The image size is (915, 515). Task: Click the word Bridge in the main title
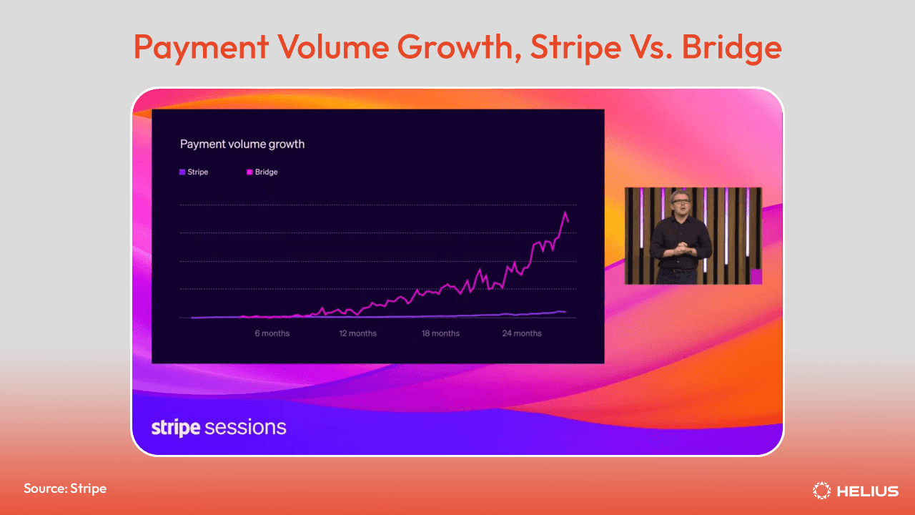pos(731,47)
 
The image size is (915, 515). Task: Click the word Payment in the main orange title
pos(202,48)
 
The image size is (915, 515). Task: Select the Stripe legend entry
pos(194,172)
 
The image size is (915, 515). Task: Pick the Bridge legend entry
pos(262,172)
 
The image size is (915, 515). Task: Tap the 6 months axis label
pos(272,333)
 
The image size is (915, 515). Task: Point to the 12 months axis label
pos(358,333)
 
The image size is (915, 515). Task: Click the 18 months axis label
pos(440,333)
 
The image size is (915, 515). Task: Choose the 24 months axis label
pos(522,333)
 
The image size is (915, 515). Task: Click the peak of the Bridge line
pos(565,212)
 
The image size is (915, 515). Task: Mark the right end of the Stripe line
pos(566,313)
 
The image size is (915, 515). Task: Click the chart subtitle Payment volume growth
pos(242,144)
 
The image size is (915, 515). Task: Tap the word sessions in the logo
pos(245,428)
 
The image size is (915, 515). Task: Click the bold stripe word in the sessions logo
pos(176,428)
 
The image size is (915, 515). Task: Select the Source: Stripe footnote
pos(65,489)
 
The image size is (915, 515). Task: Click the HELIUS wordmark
pos(868,491)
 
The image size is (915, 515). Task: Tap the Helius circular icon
pos(821,491)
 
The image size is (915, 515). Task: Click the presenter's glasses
pos(680,201)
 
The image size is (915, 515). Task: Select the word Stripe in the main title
pos(576,48)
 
